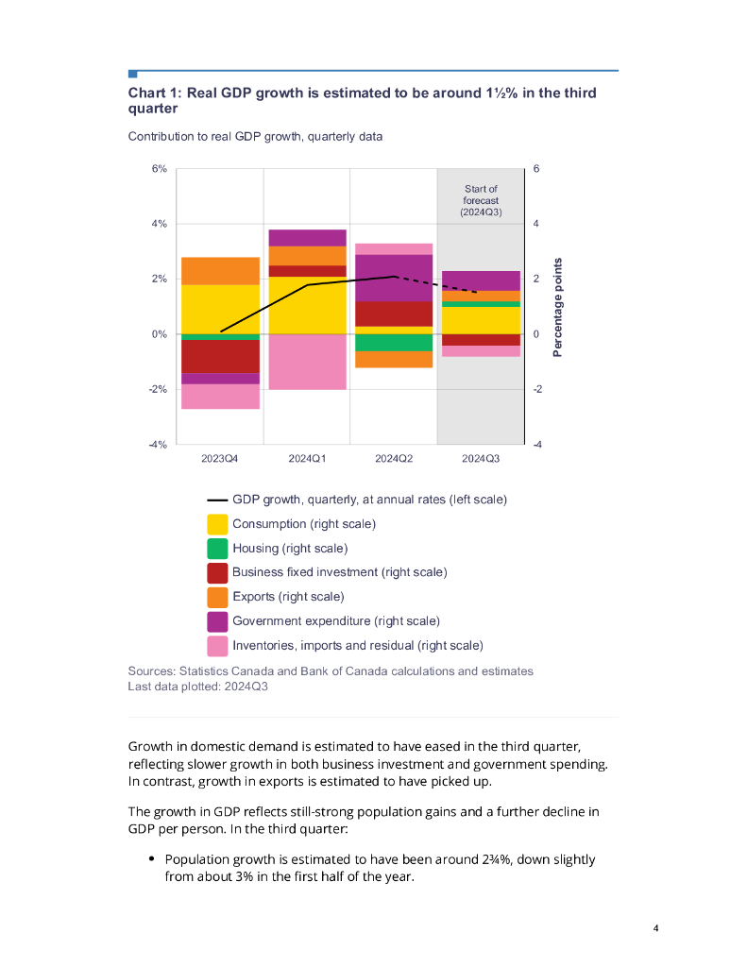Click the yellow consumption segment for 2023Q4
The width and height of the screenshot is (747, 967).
[x=220, y=308]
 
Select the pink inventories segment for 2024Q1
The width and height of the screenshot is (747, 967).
[x=307, y=362]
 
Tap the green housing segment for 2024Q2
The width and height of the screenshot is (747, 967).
[x=394, y=342]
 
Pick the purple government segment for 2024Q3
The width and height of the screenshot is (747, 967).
[x=481, y=280]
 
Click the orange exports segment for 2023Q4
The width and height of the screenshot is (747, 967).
[x=220, y=270]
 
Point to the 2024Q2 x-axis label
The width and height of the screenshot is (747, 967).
[x=394, y=459]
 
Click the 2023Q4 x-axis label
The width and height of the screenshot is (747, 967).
[x=220, y=459]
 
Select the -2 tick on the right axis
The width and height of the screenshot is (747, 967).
[x=537, y=389]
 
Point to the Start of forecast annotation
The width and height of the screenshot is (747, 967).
[x=481, y=200]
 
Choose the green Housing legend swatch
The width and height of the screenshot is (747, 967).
[x=217, y=549]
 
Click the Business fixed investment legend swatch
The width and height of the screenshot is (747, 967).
[x=217, y=573]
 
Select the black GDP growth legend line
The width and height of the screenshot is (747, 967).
[x=217, y=500]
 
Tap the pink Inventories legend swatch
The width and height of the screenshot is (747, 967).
[x=217, y=646]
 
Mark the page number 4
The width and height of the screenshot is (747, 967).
[x=655, y=928]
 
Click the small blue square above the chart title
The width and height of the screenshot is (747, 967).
[x=133, y=74]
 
